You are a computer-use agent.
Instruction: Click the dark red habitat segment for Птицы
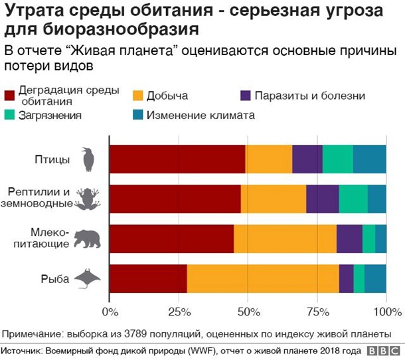tap(177, 159)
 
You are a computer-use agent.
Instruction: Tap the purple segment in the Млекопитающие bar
tap(349, 239)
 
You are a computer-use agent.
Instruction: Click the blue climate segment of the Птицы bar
tap(370, 159)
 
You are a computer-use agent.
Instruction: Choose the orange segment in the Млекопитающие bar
tap(285, 239)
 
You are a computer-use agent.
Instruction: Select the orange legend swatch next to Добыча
tap(137, 96)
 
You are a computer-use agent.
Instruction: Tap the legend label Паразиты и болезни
tap(311, 96)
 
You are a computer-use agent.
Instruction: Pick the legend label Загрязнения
tap(50, 115)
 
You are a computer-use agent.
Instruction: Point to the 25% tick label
tap(178, 312)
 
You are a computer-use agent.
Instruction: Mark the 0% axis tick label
tap(110, 312)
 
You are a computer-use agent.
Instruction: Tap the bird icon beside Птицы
tap(87, 159)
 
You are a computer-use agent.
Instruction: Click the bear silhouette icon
tap(87, 239)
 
